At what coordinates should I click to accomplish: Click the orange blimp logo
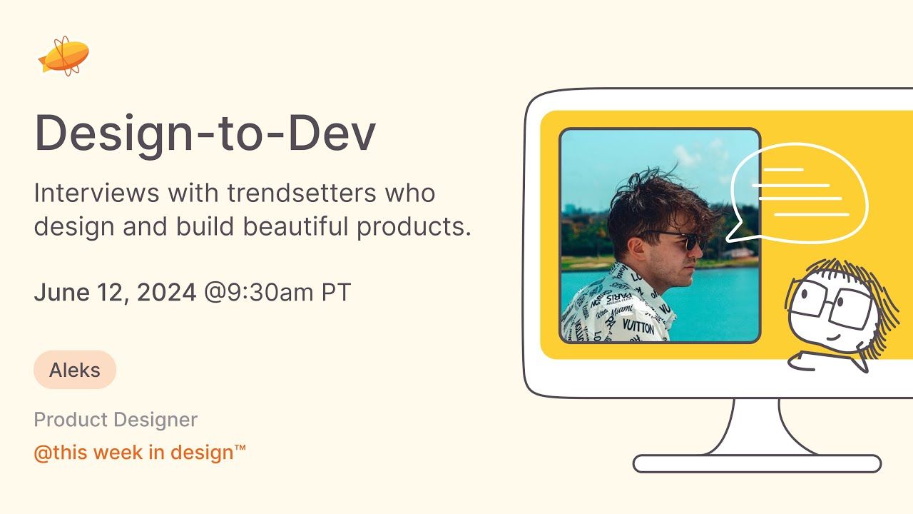(x=64, y=56)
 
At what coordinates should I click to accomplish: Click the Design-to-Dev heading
(x=205, y=133)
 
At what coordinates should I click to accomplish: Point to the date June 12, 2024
(x=115, y=293)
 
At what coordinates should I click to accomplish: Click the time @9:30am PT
(x=277, y=293)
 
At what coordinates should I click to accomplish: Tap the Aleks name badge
(x=75, y=370)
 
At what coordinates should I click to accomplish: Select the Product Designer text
(x=116, y=420)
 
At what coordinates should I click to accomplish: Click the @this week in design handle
(x=140, y=452)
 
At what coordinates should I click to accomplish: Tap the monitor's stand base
(x=757, y=463)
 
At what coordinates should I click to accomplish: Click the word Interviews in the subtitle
(x=98, y=193)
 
